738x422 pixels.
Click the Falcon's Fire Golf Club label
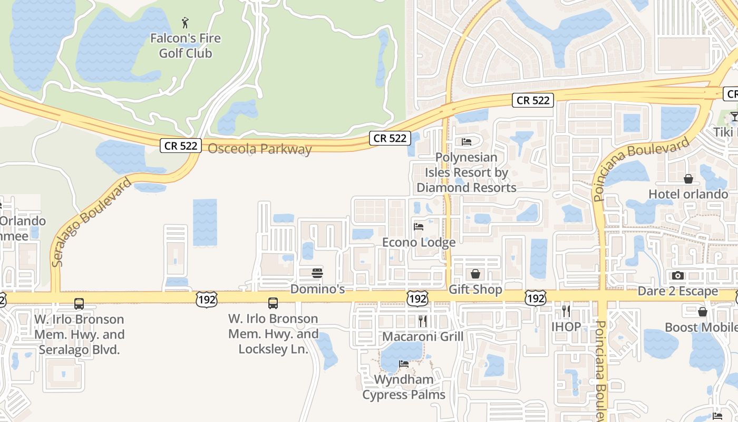(x=186, y=46)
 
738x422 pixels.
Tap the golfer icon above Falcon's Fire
(x=185, y=23)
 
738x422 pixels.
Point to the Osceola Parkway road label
(x=260, y=149)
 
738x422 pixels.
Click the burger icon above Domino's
(x=317, y=273)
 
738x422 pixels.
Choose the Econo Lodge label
(x=419, y=243)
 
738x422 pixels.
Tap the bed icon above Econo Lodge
(x=419, y=227)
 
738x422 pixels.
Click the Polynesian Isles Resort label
(x=466, y=172)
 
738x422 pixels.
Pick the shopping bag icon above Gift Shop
(x=475, y=274)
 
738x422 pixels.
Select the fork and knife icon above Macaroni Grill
(x=422, y=321)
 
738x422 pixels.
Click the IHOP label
(x=566, y=327)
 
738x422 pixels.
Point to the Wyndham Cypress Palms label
(x=404, y=387)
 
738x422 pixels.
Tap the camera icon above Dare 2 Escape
(x=678, y=275)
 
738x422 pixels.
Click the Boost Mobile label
(x=701, y=328)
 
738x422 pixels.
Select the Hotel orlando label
(x=688, y=194)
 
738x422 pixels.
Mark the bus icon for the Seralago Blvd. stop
(x=79, y=304)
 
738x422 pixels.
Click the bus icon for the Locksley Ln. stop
(x=273, y=303)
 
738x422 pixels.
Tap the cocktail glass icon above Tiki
(x=734, y=116)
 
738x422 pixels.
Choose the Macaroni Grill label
(x=423, y=337)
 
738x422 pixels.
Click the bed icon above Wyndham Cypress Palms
(x=404, y=364)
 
